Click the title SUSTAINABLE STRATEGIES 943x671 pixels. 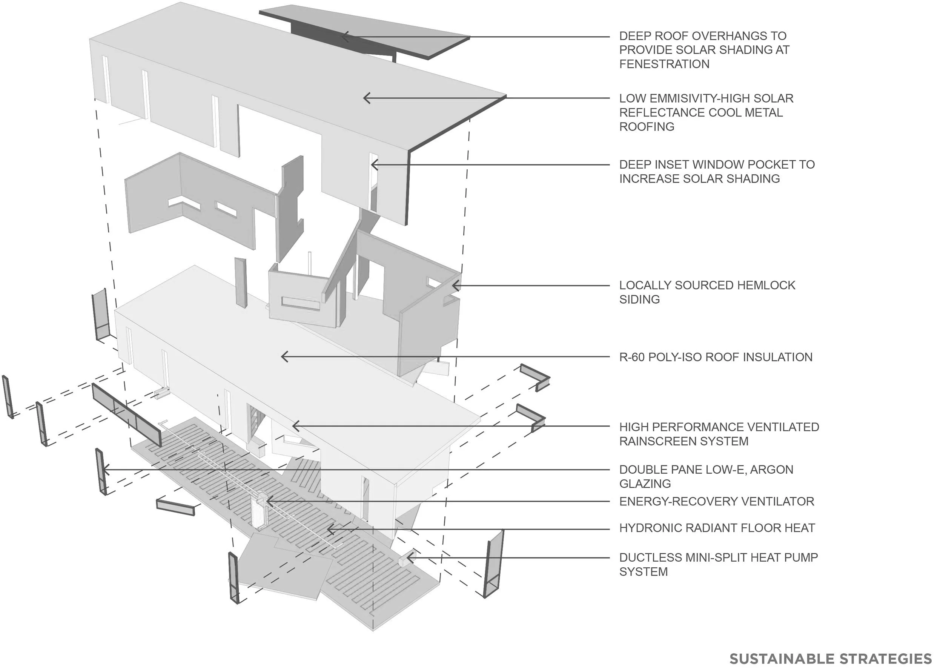[x=831, y=658]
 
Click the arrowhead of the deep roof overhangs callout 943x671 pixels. [x=343, y=37]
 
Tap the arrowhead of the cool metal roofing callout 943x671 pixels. [x=365, y=98]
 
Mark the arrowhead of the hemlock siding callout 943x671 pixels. [x=454, y=286]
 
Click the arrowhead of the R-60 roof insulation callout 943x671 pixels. [x=283, y=357]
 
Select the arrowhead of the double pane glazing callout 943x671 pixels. [x=104, y=470]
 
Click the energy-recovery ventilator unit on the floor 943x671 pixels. [x=260, y=511]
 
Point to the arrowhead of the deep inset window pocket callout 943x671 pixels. [x=373, y=165]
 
